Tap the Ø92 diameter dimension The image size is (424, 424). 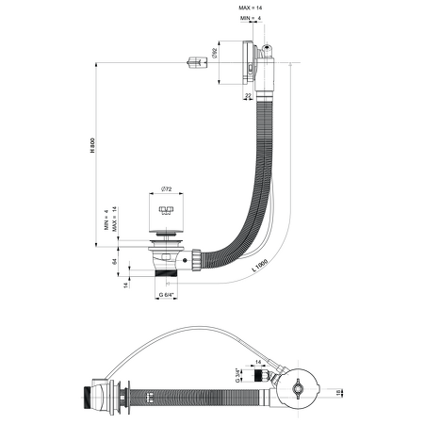pyautogui.click(x=217, y=54)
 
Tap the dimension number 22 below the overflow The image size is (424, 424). pyautogui.click(x=248, y=95)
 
